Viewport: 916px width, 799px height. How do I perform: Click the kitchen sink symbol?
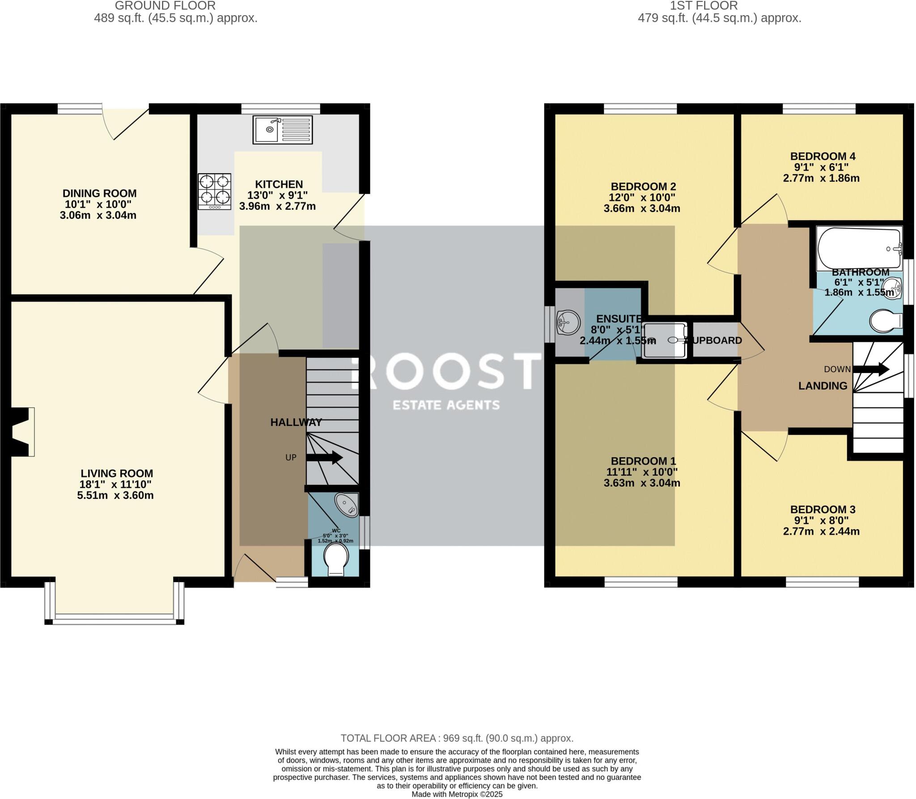tap(282, 130)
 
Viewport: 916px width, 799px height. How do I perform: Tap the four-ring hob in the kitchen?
tap(215, 191)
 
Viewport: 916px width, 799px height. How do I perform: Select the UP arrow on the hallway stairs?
tap(325, 457)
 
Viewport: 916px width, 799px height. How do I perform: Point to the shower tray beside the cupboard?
tap(664, 340)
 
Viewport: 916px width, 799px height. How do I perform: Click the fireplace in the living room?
tap(21, 432)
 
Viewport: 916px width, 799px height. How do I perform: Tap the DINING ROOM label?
tap(99, 193)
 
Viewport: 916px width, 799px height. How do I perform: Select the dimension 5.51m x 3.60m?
tap(115, 495)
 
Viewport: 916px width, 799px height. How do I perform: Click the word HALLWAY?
tap(296, 422)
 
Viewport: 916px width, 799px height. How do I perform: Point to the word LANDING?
tap(823, 386)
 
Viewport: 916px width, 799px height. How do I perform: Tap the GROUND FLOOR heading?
tap(165, 6)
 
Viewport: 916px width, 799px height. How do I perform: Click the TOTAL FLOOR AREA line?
tap(457, 738)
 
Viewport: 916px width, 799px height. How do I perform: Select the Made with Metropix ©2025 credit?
tap(457, 795)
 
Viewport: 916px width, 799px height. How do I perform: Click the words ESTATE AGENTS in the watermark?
tap(446, 405)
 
